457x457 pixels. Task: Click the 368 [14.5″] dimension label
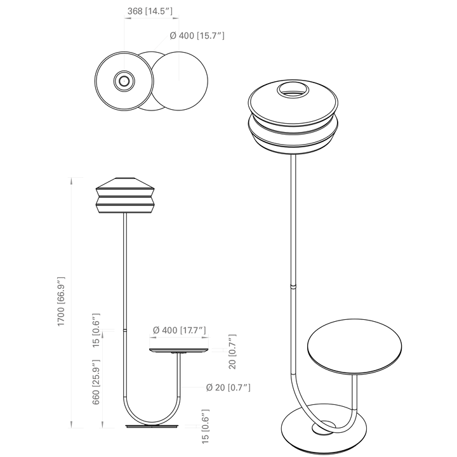tap(150, 11)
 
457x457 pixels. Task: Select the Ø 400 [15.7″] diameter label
tap(197, 36)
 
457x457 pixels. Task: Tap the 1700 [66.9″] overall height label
tap(61, 301)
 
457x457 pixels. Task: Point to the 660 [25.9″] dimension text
tap(96, 382)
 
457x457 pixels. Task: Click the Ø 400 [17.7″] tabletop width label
tap(180, 330)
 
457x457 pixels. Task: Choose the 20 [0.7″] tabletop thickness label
tap(232, 352)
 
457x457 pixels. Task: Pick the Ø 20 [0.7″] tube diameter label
tap(228, 388)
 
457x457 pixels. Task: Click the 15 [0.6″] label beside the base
tap(206, 427)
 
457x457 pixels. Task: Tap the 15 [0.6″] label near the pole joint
tap(96, 330)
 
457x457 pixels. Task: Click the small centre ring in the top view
tap(124, 81)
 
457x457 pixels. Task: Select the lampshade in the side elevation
tap(125, 195)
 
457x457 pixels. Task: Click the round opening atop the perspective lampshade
tap(293, 90)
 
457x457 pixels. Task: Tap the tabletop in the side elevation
tap(179, 350)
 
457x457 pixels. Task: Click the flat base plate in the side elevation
tap(152, 427)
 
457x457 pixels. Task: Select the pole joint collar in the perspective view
tap(293, 286)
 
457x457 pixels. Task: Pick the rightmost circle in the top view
tap(179, 81)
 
